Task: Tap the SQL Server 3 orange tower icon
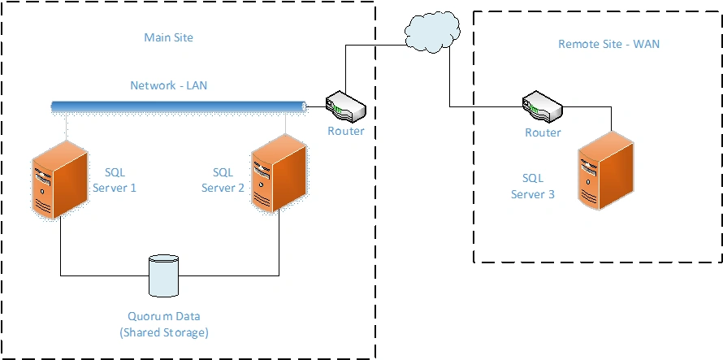tap(605, 175)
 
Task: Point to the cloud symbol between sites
tap(430, 33)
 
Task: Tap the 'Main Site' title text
tap(168, 37)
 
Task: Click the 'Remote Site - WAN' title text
tap(608, 44)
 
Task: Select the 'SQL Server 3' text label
tap(532, 185)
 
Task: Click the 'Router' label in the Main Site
tap(346, 131)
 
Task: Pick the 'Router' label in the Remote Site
tap(542, 132)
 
